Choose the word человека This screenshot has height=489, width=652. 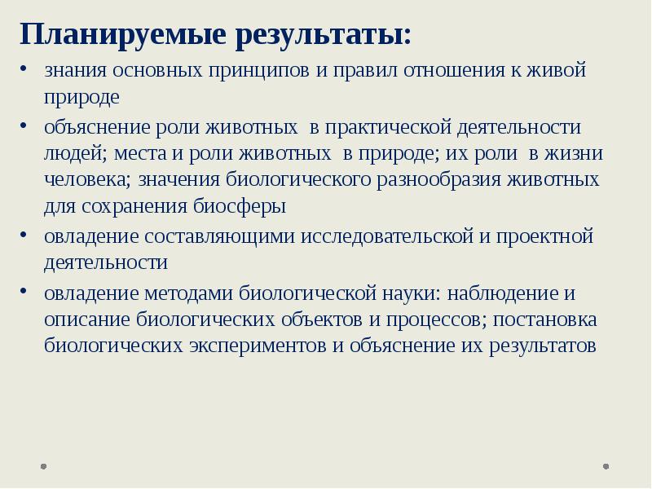pyautogui.click(x=89, y=180)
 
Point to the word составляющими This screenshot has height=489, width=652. pyautogui.click(x=220, y=237)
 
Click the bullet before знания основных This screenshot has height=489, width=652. pyautogui.click(x=27, y=70)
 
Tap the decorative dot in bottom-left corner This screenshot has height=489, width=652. pyautogui.click(x=43, y=467)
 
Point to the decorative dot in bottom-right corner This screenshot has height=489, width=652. pyautogui.click(x=606, y=467)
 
